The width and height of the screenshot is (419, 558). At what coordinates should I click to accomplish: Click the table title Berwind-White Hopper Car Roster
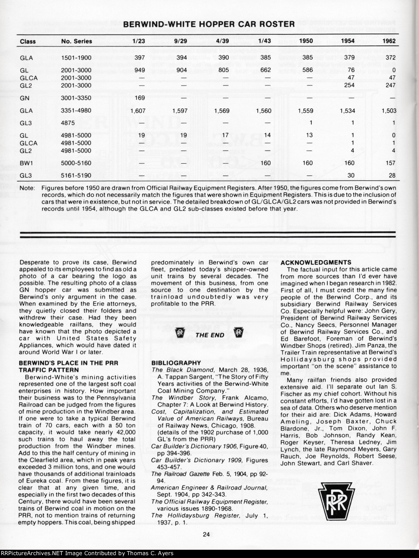(x=209, y=24)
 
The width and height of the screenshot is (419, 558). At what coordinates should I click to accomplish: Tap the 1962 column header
(x=389, y=41)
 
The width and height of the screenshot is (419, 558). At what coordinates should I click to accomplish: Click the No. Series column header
(x=77, y=41)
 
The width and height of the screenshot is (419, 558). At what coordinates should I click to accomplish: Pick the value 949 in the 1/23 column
(x=140, y=70)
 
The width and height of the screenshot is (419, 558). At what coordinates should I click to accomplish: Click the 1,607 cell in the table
(x=138, y=110)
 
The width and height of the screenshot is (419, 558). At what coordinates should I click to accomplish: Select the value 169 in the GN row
(x=140, y=98)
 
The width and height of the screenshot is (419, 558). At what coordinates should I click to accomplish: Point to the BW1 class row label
(x=26, y=163)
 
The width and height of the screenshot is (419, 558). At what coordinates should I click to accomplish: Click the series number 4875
(x=68, y=123)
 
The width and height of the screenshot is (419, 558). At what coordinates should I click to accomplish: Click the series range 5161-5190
(x=76, y=175)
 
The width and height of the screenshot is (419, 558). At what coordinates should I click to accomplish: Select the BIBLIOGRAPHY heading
(x=176, y=363)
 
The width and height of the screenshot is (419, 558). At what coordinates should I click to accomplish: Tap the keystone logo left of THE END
(x=179, y=334)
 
